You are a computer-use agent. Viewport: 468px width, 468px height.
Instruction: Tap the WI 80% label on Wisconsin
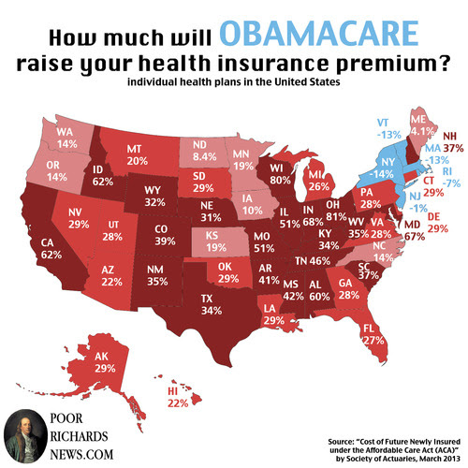(280, 174)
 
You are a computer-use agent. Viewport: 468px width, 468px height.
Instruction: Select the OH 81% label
(336, 211)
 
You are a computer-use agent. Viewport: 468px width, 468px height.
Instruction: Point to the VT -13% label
(388, 128)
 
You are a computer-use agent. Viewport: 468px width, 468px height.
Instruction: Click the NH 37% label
(453, 141)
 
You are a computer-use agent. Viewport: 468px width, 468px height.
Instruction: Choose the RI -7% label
(451, 177)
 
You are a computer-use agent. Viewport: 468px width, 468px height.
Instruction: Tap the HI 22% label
(178, 397)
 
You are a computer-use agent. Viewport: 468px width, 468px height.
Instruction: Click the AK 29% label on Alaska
(105, 362)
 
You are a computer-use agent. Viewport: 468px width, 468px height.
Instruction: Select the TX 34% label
(212, 304)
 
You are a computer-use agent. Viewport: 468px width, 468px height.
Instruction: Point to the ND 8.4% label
(204, 151)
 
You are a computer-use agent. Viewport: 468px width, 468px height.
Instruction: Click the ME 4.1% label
(422, 125)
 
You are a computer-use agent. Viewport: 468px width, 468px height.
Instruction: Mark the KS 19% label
(216, 241)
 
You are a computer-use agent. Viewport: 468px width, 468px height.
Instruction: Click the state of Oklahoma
(227, 272)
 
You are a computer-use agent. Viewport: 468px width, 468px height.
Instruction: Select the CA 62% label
(51, 249)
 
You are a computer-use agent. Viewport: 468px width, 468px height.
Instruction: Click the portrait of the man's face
(25, 436)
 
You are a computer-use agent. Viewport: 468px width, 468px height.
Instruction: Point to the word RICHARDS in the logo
(79, 436)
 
